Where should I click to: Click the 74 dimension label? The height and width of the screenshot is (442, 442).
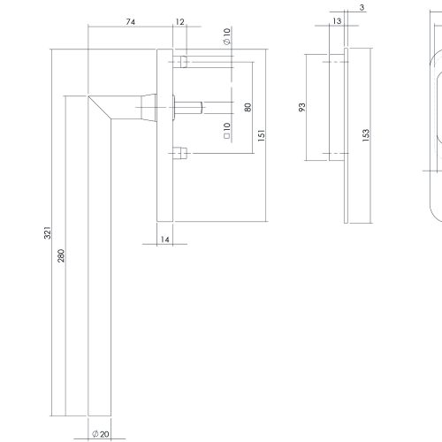coord(131,22)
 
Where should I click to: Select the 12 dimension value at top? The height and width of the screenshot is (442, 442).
coord(179,22)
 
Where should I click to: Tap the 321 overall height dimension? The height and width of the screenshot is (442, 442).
coord(48,232)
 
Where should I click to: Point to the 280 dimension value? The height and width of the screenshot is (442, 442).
coord(61,255)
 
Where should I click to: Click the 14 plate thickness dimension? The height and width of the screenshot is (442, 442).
coord(165,240)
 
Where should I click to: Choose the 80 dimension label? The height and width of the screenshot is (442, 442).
coord(248,107)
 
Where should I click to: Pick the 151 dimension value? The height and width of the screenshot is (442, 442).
coord(262,135)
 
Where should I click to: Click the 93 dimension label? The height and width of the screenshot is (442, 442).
coord(302,107)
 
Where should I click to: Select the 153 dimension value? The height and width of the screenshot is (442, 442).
coord(365,135)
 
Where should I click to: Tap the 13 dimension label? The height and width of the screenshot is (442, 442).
coord(337,21)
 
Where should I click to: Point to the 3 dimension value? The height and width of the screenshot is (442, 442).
coord(362,8)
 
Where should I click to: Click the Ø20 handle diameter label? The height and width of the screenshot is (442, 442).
coord(101,434)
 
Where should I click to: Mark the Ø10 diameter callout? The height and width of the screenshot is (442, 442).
coord(227,36)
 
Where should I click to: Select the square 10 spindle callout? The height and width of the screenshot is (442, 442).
coord(227,131)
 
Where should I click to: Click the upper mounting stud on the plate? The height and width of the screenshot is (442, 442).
coord(180,62)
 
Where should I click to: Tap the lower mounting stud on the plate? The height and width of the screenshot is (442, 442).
coord(180,153)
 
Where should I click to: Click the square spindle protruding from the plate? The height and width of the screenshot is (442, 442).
coord(188,108)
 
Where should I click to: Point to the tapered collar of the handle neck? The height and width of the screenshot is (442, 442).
coord(149,107)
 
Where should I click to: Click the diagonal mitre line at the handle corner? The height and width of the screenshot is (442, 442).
coord(100,108)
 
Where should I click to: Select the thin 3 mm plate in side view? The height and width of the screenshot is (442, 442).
coord(346,135)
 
